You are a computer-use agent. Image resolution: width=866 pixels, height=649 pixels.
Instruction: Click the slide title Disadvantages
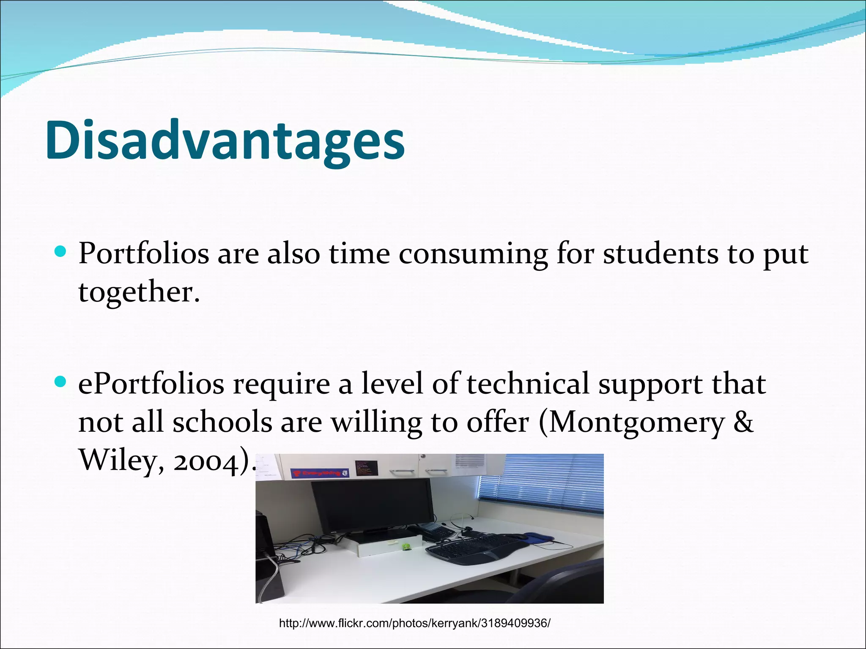[225, 141]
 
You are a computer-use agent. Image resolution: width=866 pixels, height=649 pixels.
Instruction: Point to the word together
[138, 292]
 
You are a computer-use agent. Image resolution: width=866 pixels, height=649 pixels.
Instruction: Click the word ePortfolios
[151, 384]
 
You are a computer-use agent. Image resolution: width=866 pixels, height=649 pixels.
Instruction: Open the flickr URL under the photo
[414, 623]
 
